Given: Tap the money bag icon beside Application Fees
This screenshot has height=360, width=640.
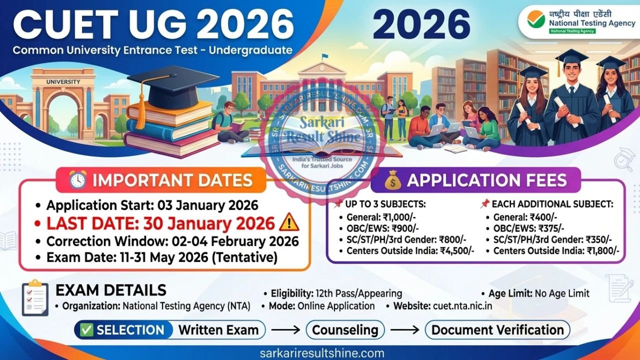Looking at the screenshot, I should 393,180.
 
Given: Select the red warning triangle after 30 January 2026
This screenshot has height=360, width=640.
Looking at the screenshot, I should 289,222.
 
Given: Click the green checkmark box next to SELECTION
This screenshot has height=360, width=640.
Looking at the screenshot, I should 87,330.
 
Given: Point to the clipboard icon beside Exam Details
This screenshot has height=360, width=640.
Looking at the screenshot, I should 35,297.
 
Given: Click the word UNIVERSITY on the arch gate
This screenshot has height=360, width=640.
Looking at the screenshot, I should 63,81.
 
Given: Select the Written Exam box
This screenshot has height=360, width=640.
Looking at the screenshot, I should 218,330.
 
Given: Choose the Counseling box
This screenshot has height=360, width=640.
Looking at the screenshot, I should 345,330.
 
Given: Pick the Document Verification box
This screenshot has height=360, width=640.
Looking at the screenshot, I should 497,330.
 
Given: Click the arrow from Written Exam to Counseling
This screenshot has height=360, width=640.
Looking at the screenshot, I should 286,330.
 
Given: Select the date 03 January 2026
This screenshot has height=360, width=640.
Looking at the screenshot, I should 207,205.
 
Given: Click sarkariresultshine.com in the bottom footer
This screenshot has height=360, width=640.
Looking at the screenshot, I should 322,353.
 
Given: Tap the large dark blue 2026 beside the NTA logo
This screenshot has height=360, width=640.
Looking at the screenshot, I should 421,24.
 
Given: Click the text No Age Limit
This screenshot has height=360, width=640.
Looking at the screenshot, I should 562,293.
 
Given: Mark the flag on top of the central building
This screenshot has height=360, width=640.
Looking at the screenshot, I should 325,56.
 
